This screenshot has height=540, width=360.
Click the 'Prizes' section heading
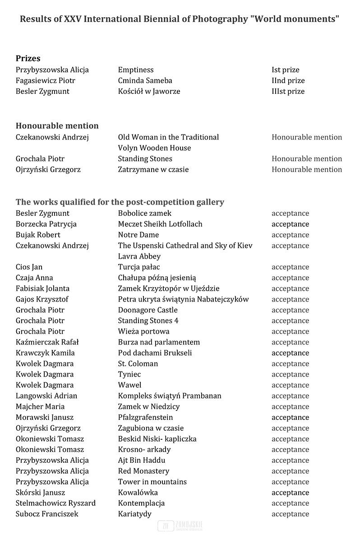coord(28,58)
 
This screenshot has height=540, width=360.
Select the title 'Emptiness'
coord(136,70)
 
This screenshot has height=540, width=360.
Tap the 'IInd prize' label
coord(288,80)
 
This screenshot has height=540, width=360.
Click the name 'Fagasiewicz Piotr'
coord(46,80)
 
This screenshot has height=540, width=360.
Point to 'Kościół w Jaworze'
coord(149,91)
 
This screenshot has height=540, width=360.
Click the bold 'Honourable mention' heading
coord(57,126)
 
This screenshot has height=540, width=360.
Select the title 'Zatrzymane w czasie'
coord(153,169)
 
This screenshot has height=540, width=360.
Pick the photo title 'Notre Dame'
coord(138,235)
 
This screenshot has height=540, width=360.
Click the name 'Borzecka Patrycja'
coord(46,224)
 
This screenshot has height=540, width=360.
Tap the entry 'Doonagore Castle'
coord(148,310)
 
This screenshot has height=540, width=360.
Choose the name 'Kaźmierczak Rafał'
coord(47,342)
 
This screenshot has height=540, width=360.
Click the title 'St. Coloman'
coord(138,363)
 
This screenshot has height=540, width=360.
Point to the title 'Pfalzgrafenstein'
coord(145,417)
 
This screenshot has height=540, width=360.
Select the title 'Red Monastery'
coord(143,471)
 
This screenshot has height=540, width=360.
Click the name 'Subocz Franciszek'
coord(47,514)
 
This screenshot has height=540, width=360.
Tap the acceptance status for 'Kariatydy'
coord(290,514)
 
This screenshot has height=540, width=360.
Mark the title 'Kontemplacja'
coord(141,503)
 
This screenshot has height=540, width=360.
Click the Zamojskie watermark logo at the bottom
coord(180,526)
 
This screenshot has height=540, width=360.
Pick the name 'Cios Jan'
coord(29,267)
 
